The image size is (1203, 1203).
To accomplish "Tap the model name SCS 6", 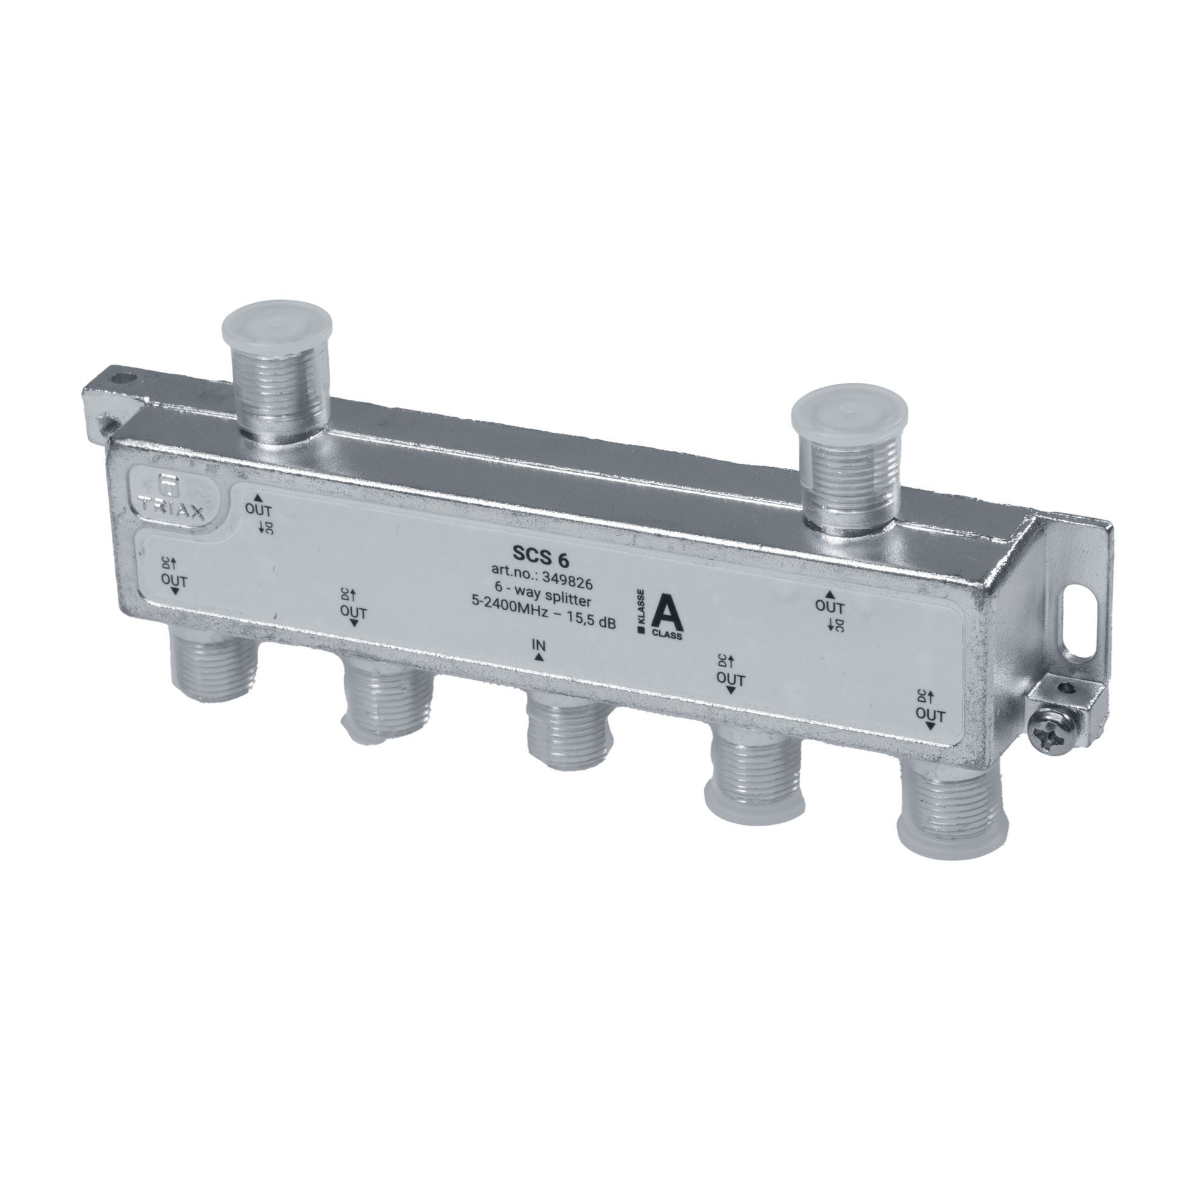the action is (x=536, y=554).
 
